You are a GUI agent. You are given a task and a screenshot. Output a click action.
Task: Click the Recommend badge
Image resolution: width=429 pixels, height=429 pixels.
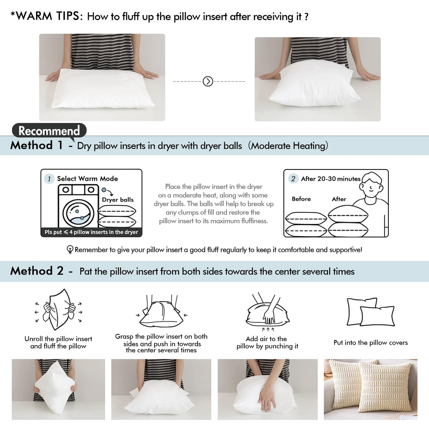pyautogui.click(x=49, y=131)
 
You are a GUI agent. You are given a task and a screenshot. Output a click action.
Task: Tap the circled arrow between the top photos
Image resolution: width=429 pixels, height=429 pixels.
pyautogui.click(x=208, y=82)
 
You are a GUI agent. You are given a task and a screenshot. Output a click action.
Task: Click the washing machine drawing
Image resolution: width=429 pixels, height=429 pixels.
pyautogui.click(x=78, y=207)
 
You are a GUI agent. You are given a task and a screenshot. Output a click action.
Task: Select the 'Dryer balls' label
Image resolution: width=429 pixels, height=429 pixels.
pyautogui.click(x=118, y=200)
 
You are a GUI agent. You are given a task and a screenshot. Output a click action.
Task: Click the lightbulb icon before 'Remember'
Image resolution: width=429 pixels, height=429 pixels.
pyautogui.click(x=70, y=250)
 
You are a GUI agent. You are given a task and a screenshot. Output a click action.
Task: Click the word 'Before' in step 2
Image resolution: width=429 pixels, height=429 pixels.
pyautogui.click(x=301, y=199)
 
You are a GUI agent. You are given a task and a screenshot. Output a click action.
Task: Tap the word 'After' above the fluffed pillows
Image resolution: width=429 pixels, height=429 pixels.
pyautogui.click(x=339, y=199)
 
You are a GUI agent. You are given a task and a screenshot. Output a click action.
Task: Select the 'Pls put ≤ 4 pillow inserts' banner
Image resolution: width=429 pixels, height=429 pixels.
pyautogui.click(x=91, y=232)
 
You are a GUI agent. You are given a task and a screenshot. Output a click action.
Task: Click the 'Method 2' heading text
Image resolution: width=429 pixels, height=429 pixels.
pyautogui.click(x=37, y=271)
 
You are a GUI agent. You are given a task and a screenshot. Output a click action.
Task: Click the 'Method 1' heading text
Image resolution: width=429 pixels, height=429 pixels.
pyautogui.click(x=36, y=145)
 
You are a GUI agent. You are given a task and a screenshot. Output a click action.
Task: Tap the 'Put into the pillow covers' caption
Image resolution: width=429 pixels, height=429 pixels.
pyautogui.click(x=370, y=342)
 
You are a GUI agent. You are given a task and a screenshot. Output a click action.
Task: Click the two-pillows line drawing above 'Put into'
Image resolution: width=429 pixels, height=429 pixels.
pyautogui.click(x=370, y=312)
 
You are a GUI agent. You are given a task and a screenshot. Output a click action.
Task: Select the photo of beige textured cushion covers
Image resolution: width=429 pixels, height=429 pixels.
pyautogui.click(x=370, y=389)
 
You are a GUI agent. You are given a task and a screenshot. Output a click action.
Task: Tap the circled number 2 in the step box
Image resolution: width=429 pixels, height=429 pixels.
pyautogui.click(x=293, y=179)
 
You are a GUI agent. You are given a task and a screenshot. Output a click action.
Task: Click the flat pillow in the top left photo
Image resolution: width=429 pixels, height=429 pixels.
pyautogui.click(x=102, y=88)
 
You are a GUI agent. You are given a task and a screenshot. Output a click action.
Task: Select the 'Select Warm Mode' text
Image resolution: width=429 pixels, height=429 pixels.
pyautogui.click(x=87, y=179)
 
